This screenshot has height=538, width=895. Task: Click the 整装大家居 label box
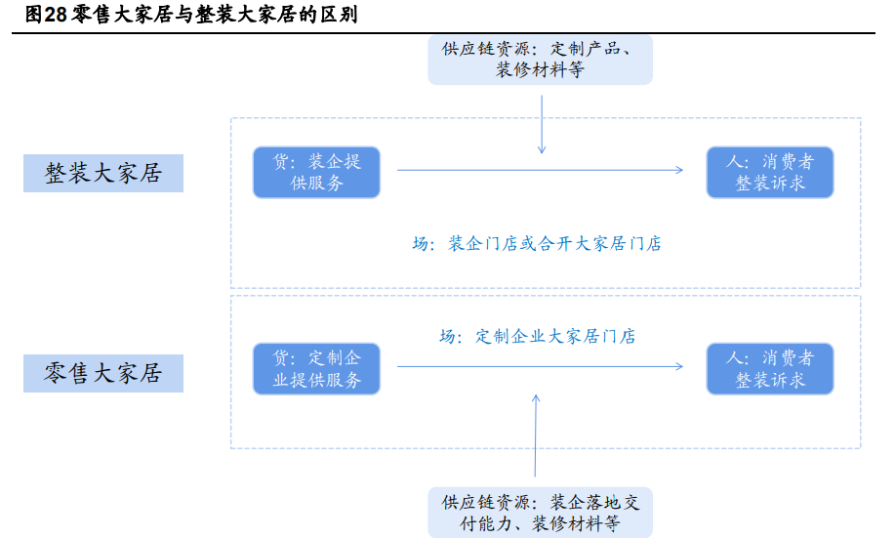tap(103, 174)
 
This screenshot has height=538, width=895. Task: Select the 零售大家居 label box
tap(103, 373)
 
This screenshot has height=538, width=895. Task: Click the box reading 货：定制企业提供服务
tap(316, 369)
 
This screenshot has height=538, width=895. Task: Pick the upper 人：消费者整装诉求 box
tap(770, 172)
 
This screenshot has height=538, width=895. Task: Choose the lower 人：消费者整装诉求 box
tap(770, 369)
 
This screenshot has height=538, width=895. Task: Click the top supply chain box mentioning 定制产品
tap(540, 60)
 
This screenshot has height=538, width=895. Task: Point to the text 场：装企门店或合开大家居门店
tap(536, 244)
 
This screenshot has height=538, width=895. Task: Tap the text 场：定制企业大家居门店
tap(537, 337)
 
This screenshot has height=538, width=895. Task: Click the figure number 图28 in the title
tap(47, 16)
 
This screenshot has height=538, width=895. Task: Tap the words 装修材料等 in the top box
tap(540, 70)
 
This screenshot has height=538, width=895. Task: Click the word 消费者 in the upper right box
tap(788, 161)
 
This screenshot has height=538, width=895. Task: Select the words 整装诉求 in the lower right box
tap(770, 381)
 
